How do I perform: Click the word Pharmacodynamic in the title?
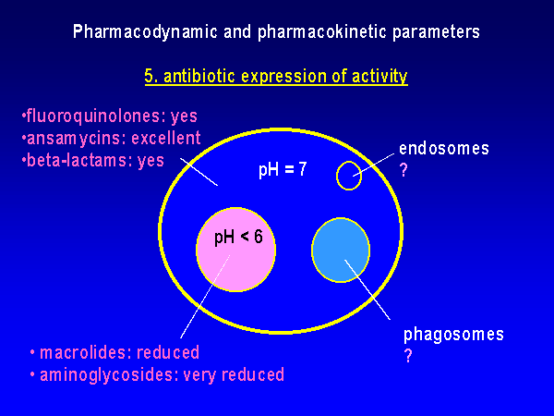click(145, 31)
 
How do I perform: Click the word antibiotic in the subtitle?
click(199, 76)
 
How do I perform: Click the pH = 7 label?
click(283, 169)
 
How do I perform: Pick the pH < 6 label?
click(238, 237)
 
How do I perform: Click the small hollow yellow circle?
click(337, 176)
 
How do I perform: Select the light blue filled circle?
click(341, 251)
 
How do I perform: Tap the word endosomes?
click(444, 148)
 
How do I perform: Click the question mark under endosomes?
click(403, 170)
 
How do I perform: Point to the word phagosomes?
click(453, 335)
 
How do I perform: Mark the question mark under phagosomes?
click(408, 356)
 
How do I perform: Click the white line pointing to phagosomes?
click(367, 289)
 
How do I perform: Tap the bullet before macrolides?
click(32, 353)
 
